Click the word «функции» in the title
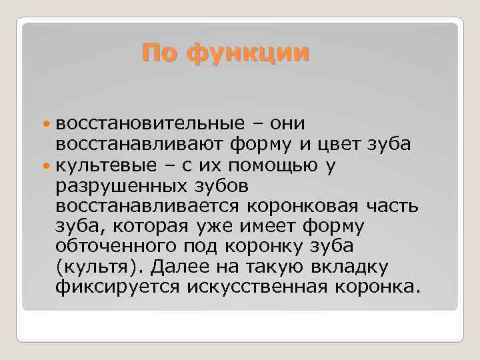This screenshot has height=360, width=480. [x=248, y=52]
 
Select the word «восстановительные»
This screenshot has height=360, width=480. [x=141, y=124]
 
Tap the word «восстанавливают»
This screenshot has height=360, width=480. [x=133, y=144]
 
